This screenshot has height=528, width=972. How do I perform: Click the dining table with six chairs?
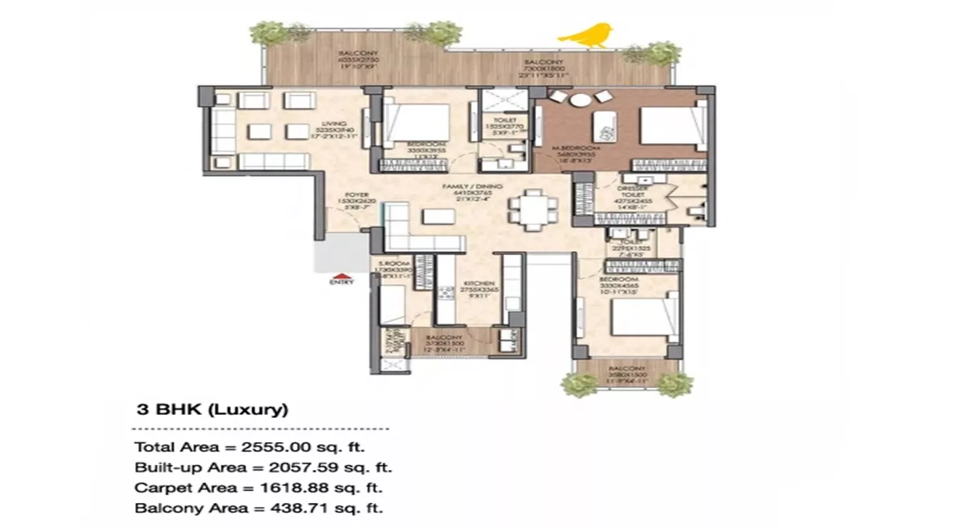click(532, 210)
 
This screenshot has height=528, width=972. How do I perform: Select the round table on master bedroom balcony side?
click(581, 99)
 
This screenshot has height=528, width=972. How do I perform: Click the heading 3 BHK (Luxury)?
click(212, 410)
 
